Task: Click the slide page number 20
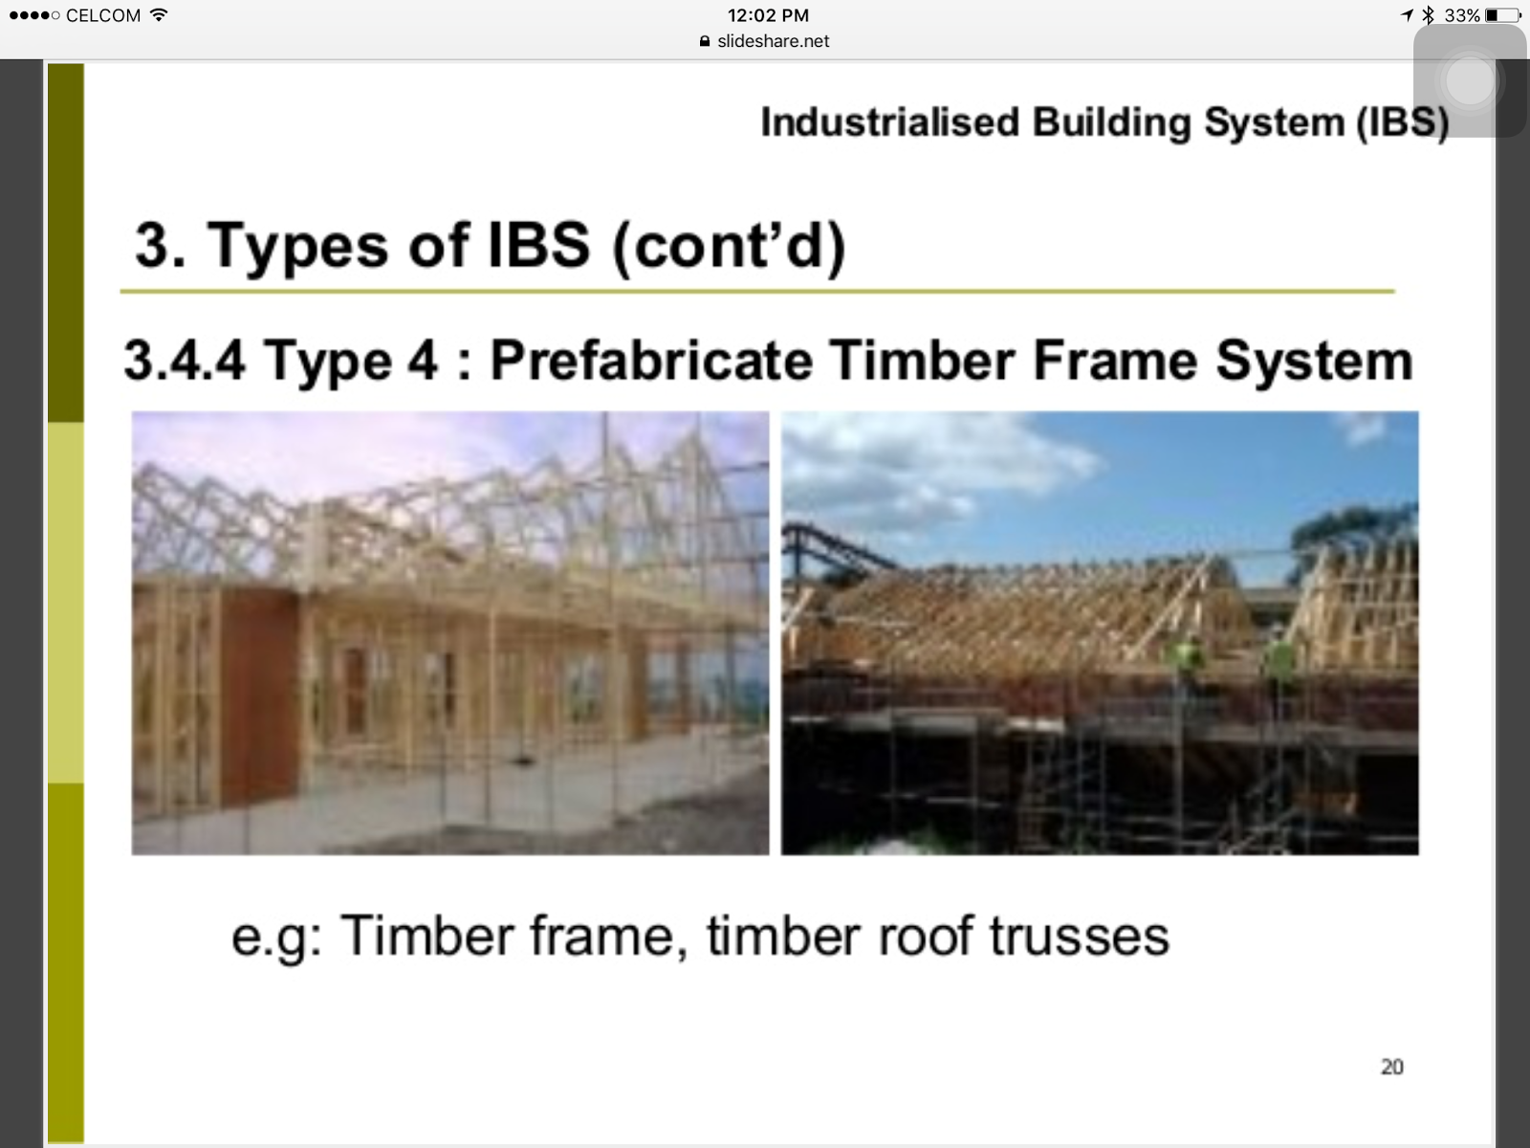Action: point(1392,1067)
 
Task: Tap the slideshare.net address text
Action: point(773,41)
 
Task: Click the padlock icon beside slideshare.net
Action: point(705,41)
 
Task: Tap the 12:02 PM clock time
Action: point(768,15)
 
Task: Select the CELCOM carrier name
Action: point(103,15)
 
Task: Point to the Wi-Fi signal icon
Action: point(159,14)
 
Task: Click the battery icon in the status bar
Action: point(1503,15)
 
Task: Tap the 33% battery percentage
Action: point(1462,15)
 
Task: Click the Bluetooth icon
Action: point(1429,14)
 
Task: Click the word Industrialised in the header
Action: point(889,122)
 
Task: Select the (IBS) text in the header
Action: point(1403,123)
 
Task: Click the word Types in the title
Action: point(297,246)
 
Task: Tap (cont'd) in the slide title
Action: point(729,245)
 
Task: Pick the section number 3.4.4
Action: point(185,361)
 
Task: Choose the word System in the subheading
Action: point(1314,362)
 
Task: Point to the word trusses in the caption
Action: point(1080,936)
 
